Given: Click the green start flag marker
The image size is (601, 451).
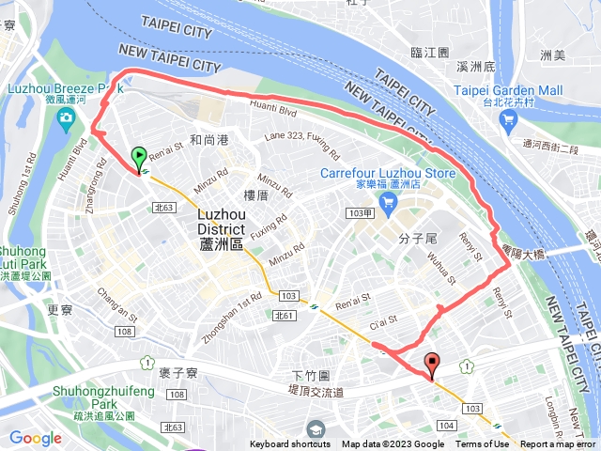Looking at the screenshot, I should (x=139, y=158).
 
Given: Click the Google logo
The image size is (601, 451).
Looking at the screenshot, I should (x=36, y=438).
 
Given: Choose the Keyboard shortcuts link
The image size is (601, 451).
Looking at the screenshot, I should (x=291, y=444).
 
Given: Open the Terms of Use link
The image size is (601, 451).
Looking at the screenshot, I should (x=483, y=444).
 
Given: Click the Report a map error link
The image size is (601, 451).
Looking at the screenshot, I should (x=558, y=444).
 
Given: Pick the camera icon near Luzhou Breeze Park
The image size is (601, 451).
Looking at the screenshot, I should (x=66, y=117).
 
